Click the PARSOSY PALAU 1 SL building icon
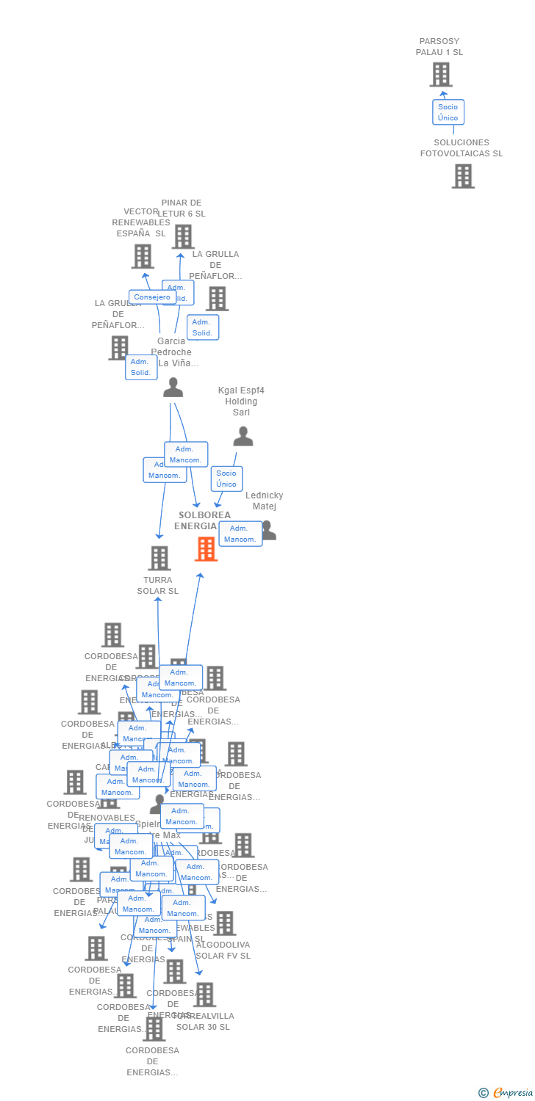click(440, 75)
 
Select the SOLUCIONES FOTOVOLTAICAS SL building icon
click(462, 176)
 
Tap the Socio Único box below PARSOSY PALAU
click(448, 112)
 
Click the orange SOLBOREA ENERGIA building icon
click(206, 548)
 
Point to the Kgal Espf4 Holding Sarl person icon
click(243, 437)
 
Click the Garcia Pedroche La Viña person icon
click(173, 387)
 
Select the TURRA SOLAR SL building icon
click(159, 558)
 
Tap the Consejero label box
click(152, 297)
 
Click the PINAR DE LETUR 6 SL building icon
click(183, 236)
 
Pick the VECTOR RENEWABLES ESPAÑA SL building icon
click(143, 256)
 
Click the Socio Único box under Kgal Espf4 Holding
click(226, 479)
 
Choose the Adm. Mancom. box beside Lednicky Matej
click(240, 534)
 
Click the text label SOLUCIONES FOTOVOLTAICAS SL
click(462, 148)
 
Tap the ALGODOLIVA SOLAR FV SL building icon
click(224, 923)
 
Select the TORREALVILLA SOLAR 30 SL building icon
click(204, 995)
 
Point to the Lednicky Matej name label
click(264, 501)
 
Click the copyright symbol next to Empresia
click(484, 1093)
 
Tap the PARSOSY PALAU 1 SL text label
click(439, 47)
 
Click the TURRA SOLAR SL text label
click(157, 586)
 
